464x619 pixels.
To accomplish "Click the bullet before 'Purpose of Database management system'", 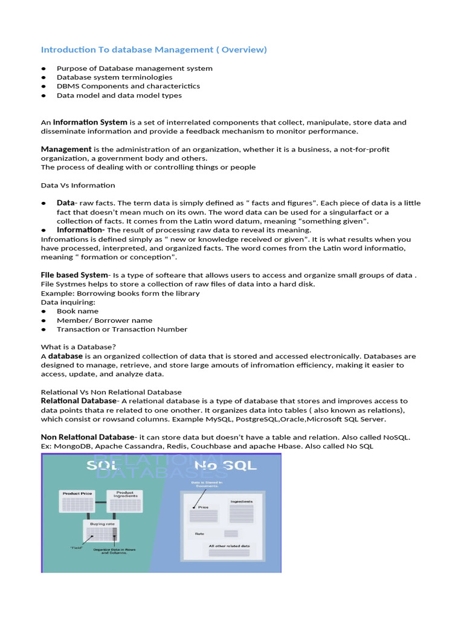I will [43, 69].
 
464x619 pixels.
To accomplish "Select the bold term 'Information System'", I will [90, 122].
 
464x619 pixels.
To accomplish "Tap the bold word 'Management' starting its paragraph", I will [66, 149].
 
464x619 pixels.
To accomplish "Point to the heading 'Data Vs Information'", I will [78, 185].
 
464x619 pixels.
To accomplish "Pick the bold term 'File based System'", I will [74, 275].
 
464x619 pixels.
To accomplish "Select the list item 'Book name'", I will [77, 311].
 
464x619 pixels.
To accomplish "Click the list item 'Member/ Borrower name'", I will [105, 320].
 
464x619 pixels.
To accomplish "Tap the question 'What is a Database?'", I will [79, 347].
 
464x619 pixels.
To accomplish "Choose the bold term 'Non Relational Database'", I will [87, 437].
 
